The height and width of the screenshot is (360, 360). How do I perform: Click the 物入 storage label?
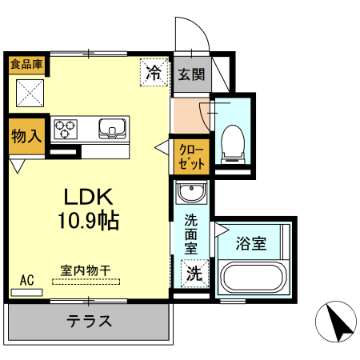[26, 135]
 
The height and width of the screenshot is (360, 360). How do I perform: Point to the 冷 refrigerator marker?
[154, 73]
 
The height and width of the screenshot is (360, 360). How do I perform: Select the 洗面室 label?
[190, 233]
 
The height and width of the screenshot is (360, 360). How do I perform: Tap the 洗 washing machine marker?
[194, 273]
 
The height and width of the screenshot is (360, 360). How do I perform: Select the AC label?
[27, 280]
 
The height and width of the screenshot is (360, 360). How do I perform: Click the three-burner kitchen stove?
[66, 128]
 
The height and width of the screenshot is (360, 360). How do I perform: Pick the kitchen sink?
[113, 128]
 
